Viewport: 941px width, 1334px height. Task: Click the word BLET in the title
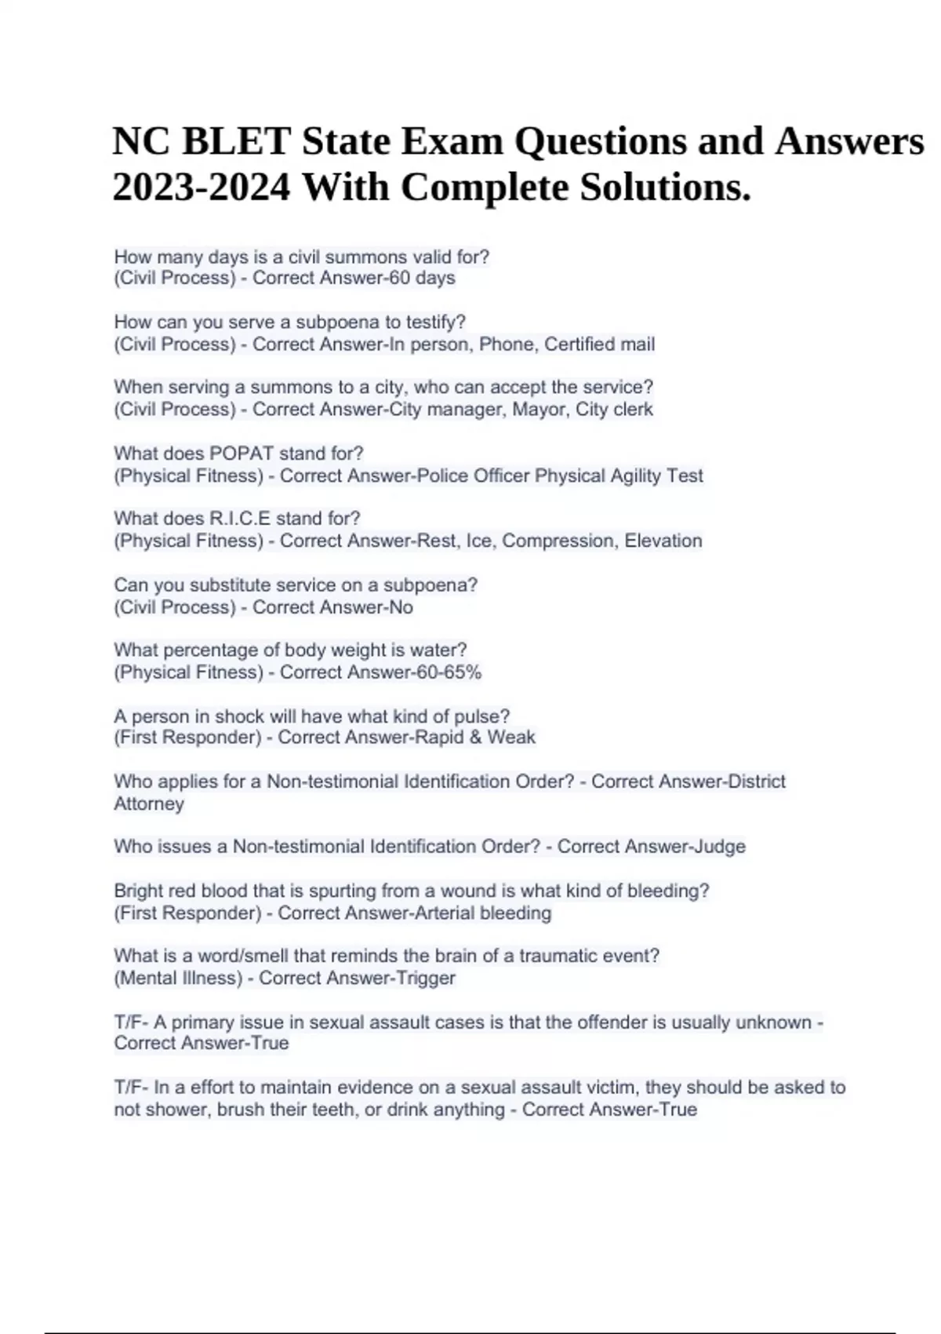pos(235,142)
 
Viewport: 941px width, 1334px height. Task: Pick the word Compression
pos(558,541)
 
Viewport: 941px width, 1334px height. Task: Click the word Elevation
pos(663,541)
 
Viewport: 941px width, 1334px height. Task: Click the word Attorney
pos(149,804)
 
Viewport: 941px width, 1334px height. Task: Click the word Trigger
pos(426,979)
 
